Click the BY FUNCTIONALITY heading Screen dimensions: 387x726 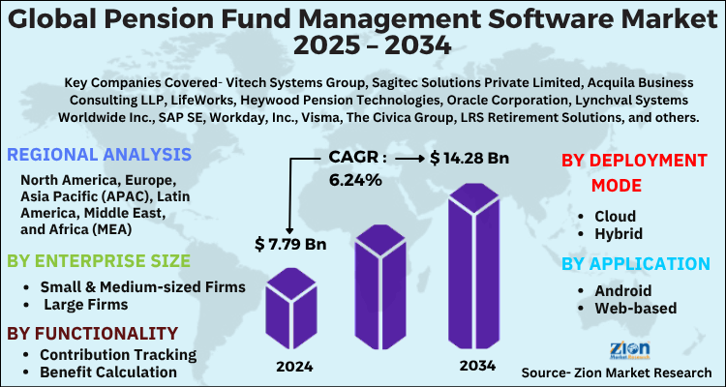tap(92, 333)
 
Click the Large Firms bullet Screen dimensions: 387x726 tap(84, 305)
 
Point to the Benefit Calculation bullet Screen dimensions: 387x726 tap(108, 372)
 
